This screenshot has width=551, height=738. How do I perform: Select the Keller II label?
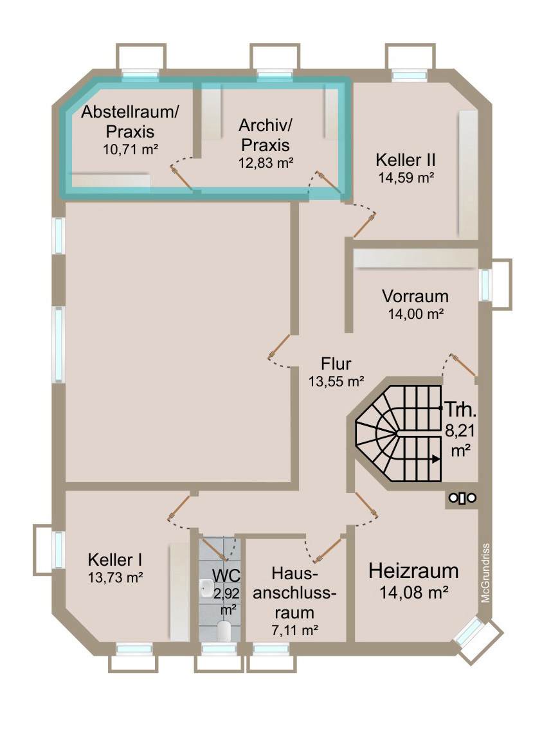[x=407, y=159]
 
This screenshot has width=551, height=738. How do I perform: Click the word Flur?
[x=336, y=364]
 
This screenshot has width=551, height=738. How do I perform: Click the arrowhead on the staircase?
[x=437, y=459]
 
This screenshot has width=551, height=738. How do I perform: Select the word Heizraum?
[x=413, y=570]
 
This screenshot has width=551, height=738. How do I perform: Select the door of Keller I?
[x=179, y=508]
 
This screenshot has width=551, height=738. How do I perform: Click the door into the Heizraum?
[x=366, y=504]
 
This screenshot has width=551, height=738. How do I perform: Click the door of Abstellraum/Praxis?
[x=181, y=177]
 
